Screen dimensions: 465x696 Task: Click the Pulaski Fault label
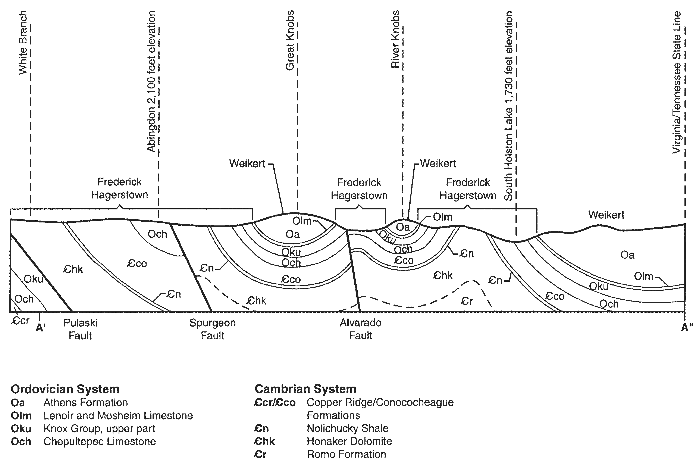pyautogui.click(x=80, y=329)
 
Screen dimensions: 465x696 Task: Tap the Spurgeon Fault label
pyautogui.click(x=213, y=329)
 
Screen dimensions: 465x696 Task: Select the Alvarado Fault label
pyautogui.click(x=360, y=329)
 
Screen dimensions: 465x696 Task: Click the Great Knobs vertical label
pyautogui.click(x=290, y=40)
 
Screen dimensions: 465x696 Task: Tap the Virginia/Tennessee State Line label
pyautogui.click(x=677, y=82)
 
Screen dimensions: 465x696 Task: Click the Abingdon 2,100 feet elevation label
pyautogui.click(x=151, y=81)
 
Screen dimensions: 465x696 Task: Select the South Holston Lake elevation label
pyautogui.click(x=508, y=106)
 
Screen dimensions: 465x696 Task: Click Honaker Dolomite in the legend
pyautogui.click(x=349, y=441)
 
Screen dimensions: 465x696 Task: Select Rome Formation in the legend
pyautogui.click(x=346, y=454)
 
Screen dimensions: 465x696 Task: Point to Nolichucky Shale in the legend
pyautogui.click(x=347, y=428)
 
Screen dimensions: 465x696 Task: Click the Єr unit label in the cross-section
pyautogui.click(x=467, y=301)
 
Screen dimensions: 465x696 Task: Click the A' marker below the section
pyautogui.click(x=40, y=328)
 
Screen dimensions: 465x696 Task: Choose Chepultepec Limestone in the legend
pyautogui.click(x=100, y=441)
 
